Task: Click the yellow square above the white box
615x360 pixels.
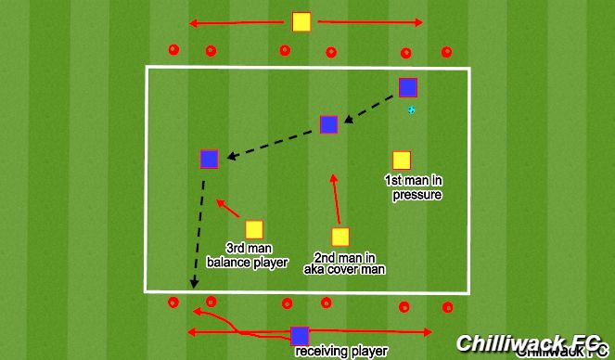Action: click(x=301, y=22)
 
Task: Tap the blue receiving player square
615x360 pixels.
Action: click(x=299, y=336)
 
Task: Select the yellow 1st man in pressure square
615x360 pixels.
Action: click(x=402, y=161)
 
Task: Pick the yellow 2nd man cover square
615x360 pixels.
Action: click(x=340, y=237)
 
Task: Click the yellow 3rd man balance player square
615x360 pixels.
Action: click(x=253, y=228)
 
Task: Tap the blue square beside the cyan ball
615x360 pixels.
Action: click(x=408, y=87)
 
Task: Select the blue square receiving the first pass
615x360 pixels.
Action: click(x=328, y=124)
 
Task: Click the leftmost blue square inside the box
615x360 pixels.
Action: click(x=209, y=159)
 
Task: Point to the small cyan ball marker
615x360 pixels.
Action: click(x=412, y=110)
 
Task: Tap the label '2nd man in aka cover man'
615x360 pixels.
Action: click(x=344, y=263)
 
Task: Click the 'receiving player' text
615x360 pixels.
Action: click(x=340, y=352)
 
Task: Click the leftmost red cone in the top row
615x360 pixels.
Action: click(x=172, y=50)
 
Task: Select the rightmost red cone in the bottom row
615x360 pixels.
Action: click(x=447, y=306)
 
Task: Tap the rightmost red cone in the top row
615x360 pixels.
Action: click(x=447, y=52)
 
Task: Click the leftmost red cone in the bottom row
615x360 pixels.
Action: click(x=173, y=302)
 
